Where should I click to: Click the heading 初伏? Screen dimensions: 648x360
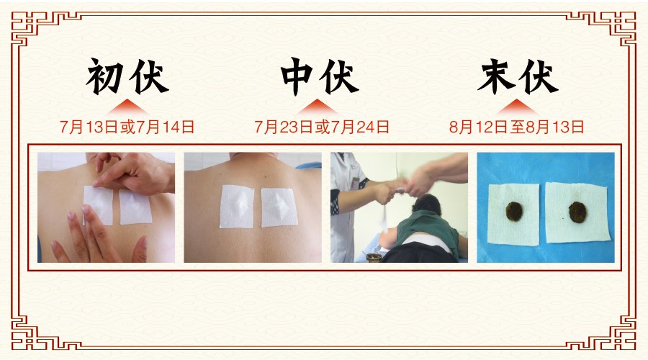point(127,76)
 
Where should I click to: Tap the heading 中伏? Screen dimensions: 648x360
point(320,76)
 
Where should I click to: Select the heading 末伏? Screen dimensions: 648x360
point(518,76)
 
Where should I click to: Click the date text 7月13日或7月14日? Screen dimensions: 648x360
point(127,127)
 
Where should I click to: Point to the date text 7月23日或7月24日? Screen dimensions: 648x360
point(322,127)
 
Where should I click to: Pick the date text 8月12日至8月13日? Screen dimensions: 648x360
point(516,127)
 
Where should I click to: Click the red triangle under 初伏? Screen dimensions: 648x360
point(127,107)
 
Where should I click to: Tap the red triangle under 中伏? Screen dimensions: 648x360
point(317,107)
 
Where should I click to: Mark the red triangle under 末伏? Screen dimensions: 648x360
point(517,107)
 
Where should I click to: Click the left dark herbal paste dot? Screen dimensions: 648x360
point(515,211)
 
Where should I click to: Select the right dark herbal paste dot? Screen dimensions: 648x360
point(577,212)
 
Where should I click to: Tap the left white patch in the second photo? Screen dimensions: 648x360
point(236,207)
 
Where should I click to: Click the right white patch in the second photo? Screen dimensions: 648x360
point(279,207)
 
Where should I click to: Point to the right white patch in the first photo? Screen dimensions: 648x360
point(136,207)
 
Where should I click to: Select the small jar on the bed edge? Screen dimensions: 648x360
point(373,258)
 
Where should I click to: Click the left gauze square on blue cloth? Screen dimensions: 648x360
point(513,215)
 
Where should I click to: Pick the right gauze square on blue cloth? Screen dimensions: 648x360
point(577,212)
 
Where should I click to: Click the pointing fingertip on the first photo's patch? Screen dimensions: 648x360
point(96,183)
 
